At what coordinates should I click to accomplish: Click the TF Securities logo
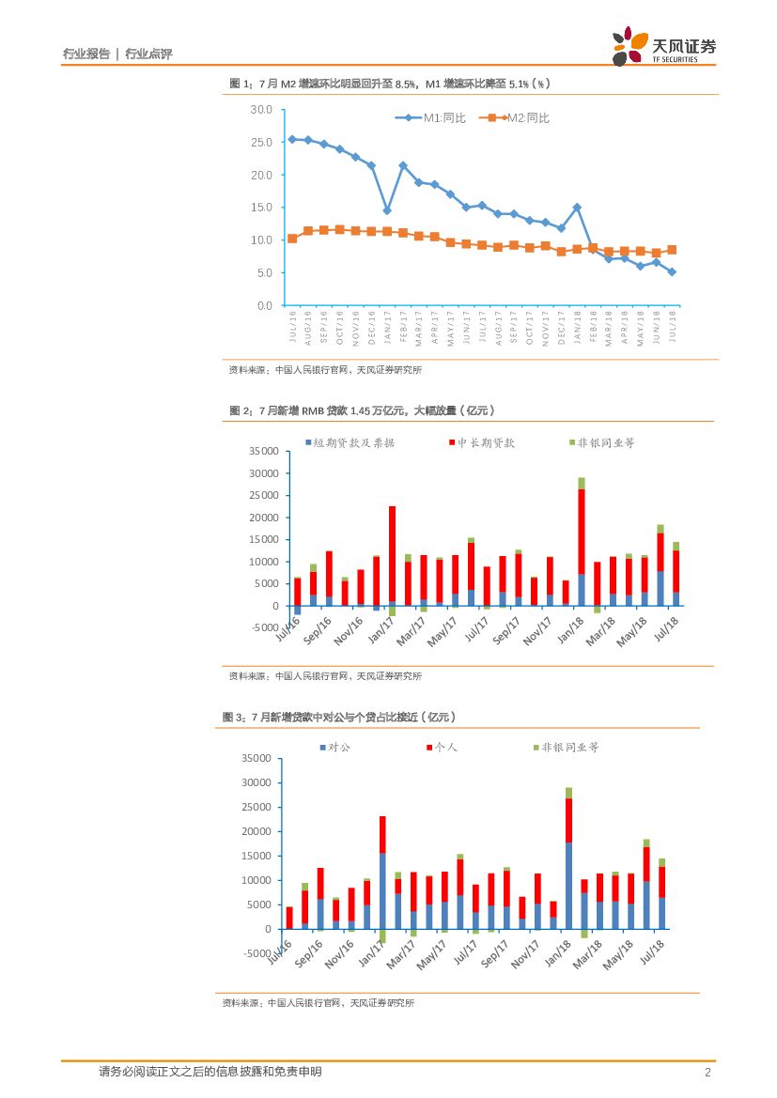tap(663, 46)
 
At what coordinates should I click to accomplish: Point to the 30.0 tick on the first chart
tap(261, 110)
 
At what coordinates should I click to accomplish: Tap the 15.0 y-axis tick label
tap(261, 208)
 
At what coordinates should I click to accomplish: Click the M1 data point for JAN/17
tap(386, 210)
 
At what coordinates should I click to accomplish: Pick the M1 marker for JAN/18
tap(577, 208)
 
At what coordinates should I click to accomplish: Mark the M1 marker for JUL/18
tap(672, 271)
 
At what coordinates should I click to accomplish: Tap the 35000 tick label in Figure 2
tap(262, 451)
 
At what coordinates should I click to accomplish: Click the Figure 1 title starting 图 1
tap(389, 84)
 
